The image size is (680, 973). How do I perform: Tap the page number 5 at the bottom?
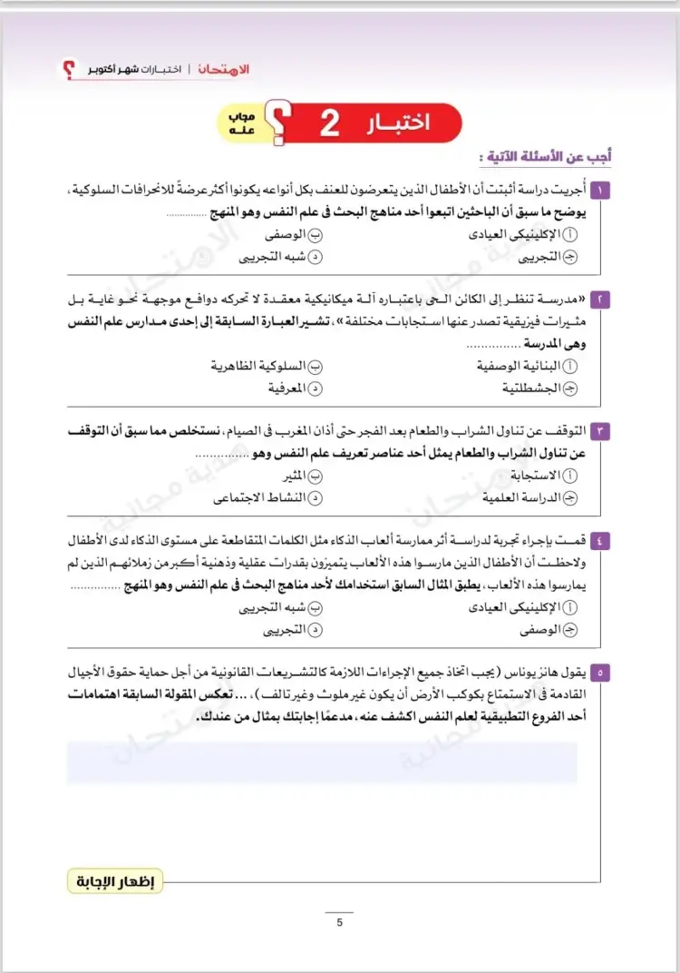[x=339, y=923]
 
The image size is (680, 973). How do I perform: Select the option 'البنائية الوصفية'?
[x=519, y=366]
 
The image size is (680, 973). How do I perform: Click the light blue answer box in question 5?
[x=322, y=762]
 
